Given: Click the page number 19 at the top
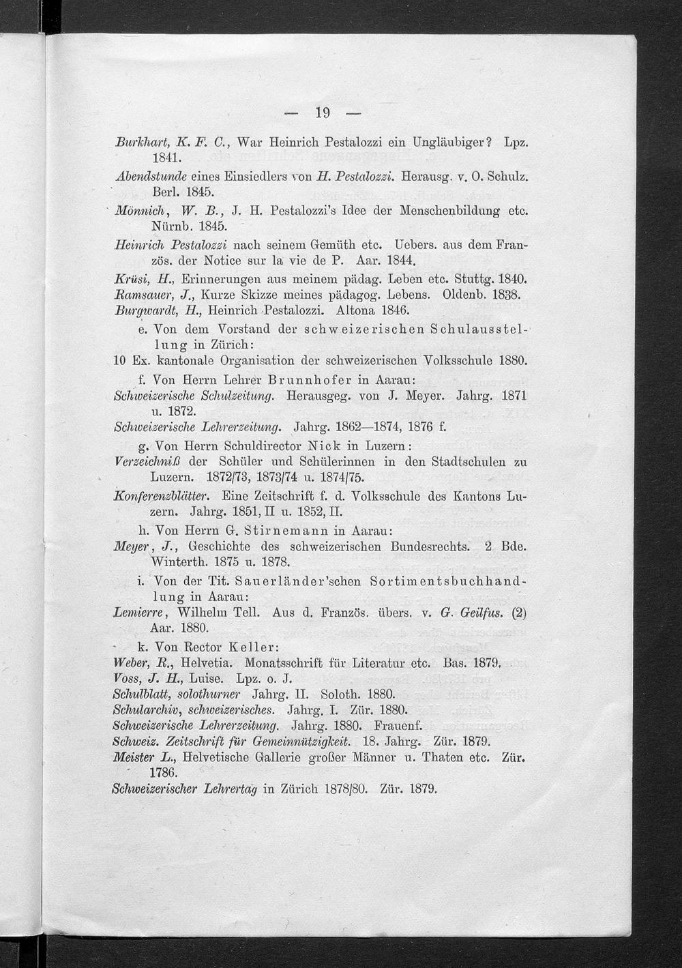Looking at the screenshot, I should (322, 112).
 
